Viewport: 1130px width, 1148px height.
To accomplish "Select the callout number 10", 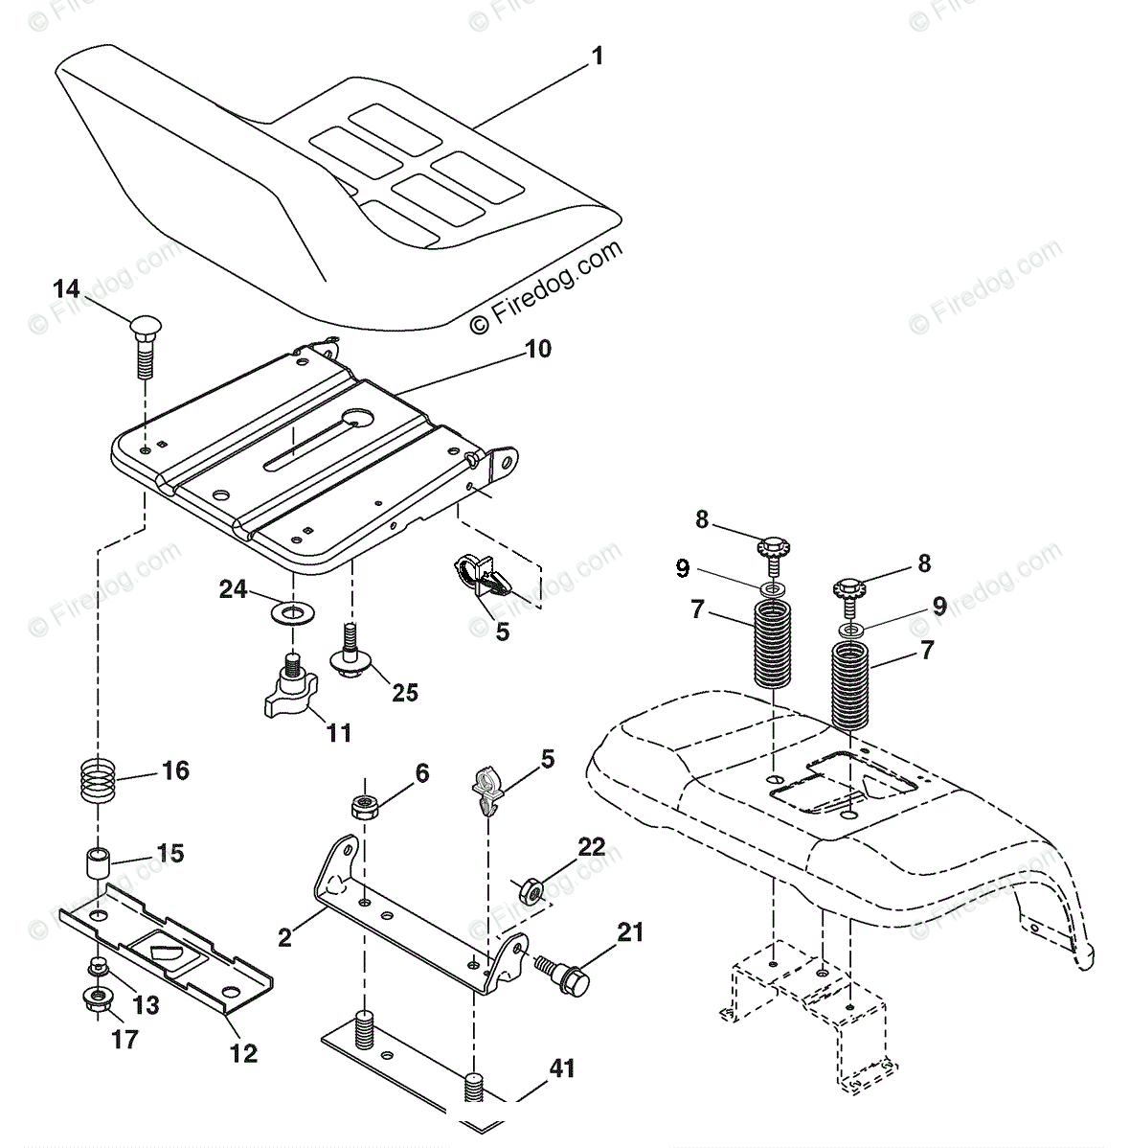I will click(538, 349).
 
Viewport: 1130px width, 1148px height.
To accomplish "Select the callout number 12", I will click(243, 1054).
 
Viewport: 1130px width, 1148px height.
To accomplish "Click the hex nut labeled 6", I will click(363, 806).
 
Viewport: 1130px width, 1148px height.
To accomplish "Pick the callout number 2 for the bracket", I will click(284, 937).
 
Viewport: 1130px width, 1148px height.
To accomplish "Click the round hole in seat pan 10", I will click(360, 417).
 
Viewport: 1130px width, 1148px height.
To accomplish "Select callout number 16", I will click(175, 770).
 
